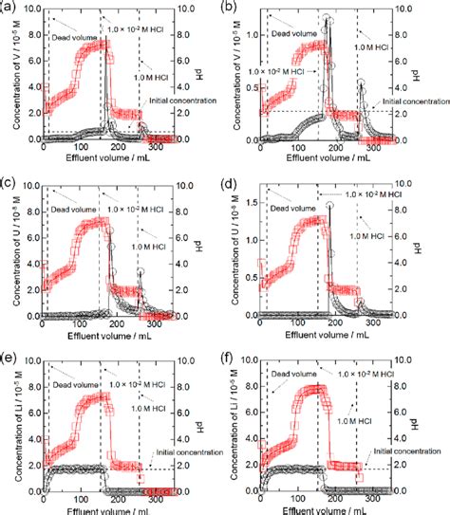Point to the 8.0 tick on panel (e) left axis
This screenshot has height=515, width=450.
[x=34, y=384]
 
